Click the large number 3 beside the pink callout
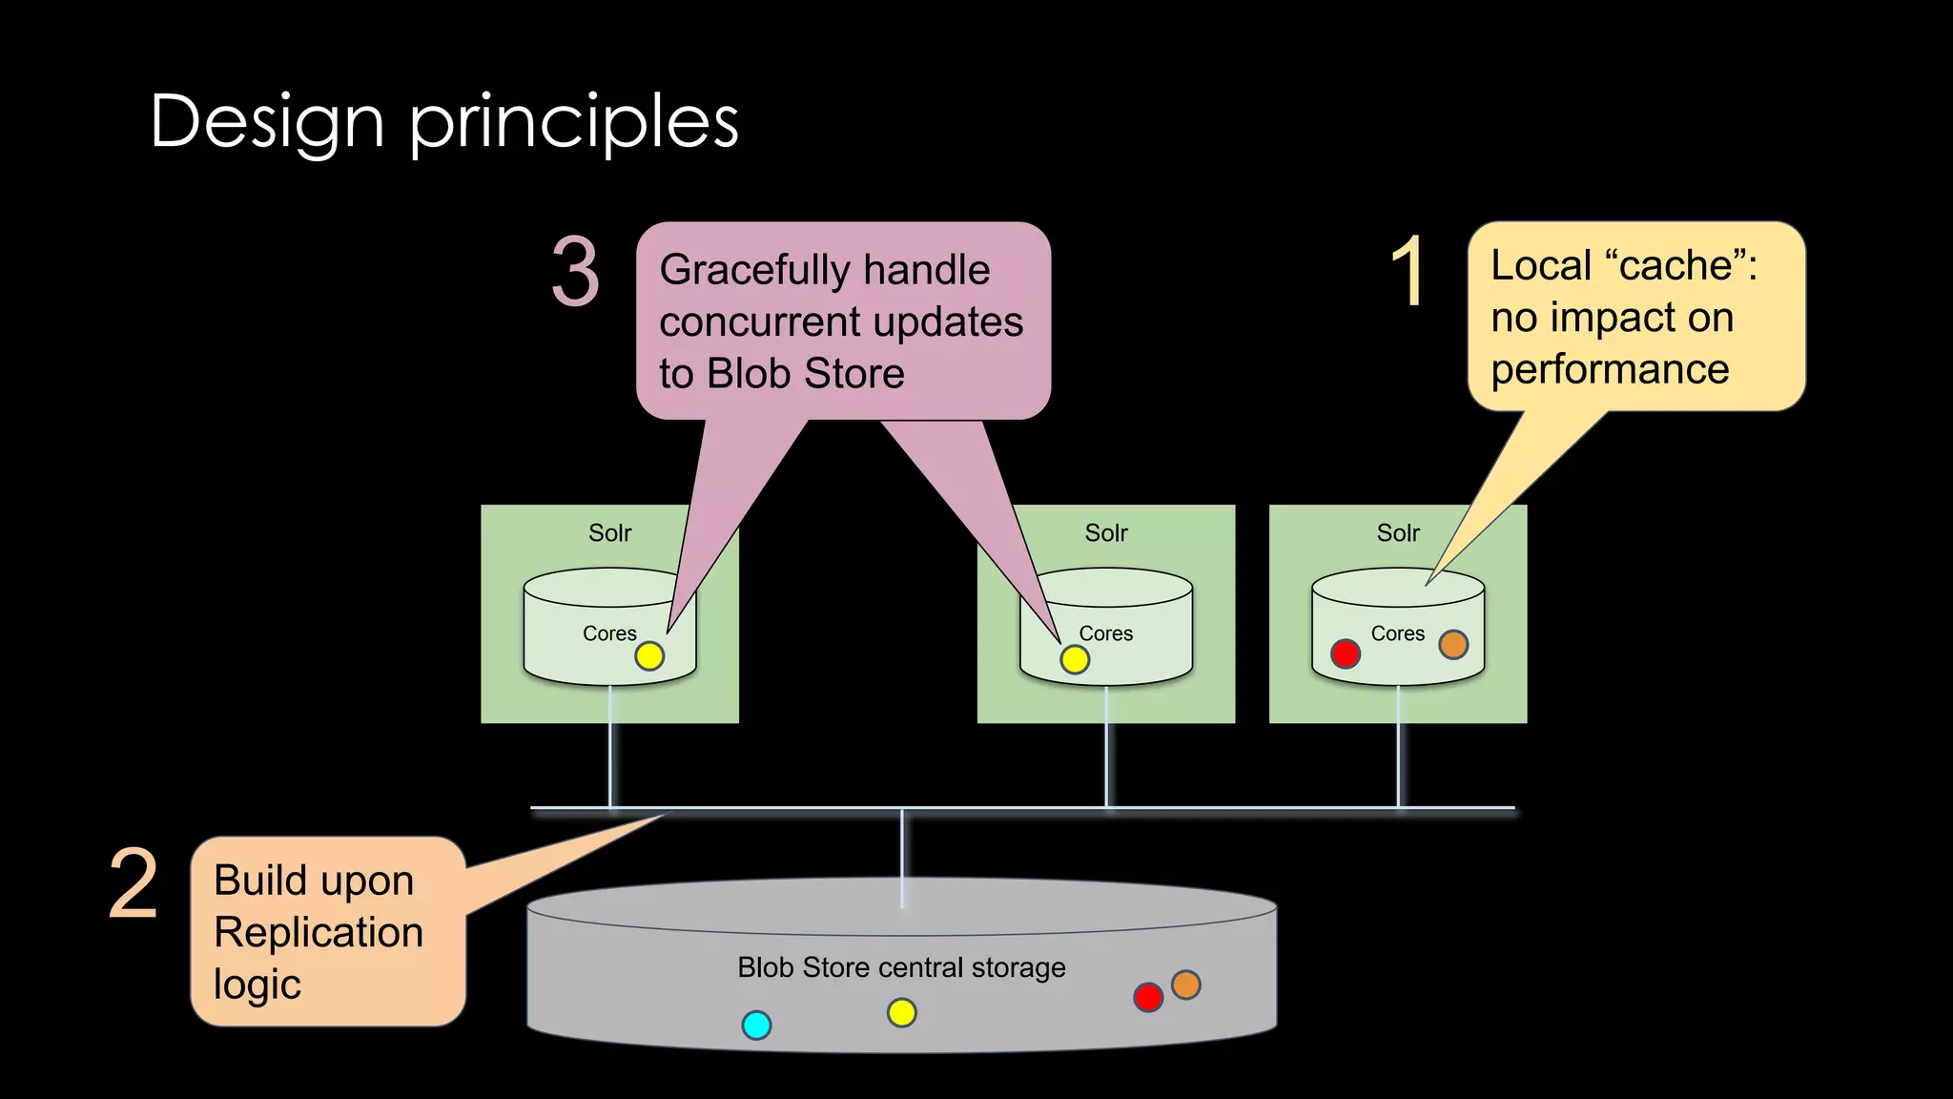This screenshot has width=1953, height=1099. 576,273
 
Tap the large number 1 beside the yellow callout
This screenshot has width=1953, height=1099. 1408,272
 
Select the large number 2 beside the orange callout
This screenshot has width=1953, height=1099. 134,884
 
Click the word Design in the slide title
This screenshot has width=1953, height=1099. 267,122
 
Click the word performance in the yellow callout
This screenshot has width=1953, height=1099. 1610,369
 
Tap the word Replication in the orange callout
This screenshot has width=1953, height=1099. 319,932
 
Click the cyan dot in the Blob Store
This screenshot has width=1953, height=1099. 756,1026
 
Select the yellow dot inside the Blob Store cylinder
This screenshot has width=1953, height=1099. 901,1012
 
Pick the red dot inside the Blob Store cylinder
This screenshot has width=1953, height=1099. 1148,998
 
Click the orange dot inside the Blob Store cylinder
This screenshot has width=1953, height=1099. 1185,985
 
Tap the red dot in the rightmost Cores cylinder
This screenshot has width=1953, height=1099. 1345,653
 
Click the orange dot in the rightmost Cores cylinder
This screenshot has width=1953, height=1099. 1453,645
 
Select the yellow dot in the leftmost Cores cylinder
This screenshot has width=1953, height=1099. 649,656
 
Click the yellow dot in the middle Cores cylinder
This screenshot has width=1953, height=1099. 1075,659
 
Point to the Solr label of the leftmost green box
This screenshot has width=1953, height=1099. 609,533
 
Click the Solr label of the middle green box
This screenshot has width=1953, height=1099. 1105,533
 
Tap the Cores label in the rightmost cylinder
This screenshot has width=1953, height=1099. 1397,633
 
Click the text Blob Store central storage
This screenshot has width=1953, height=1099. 901,967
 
